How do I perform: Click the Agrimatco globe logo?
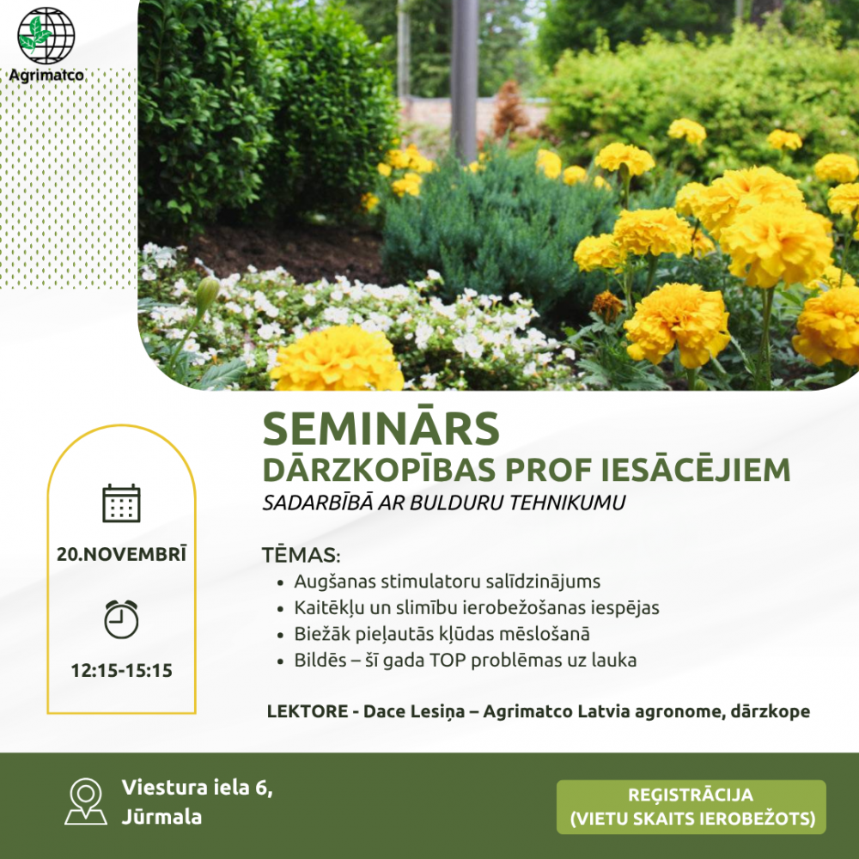coord(46,35)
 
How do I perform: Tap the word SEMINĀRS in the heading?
coord(381,428)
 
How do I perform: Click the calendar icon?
coord(122,503)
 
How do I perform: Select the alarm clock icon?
coord(122,619)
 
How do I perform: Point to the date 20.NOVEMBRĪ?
coord(122,554)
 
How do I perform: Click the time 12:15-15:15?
coord(122,670)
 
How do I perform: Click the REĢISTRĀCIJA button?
coord(691,807)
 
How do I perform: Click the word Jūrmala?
coord(161,817)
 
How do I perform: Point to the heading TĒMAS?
coord(301,554)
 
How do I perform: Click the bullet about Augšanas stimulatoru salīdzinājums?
coord(447,581)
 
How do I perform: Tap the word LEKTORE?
coord(308,711)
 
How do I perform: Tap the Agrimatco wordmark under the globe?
coord(46,75)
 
